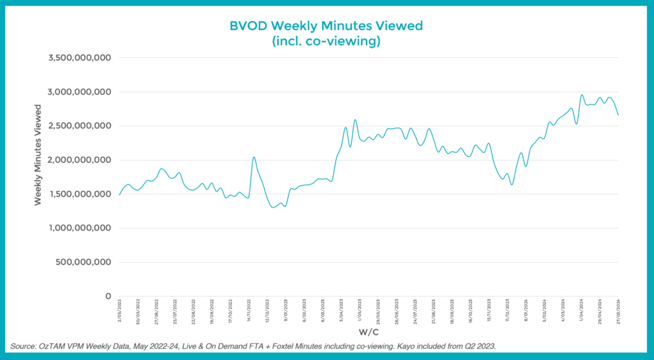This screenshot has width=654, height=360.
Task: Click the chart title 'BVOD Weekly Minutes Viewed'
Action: tap(326, 26)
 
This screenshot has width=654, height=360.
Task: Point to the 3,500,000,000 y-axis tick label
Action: tap(80, 58)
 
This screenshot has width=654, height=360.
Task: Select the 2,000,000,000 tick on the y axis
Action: tap(80, 160)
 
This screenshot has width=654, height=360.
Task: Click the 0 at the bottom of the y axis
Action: tap(109, 296)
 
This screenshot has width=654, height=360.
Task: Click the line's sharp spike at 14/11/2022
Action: tap(254, 157)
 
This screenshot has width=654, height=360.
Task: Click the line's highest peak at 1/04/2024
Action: tap(582, 95)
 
